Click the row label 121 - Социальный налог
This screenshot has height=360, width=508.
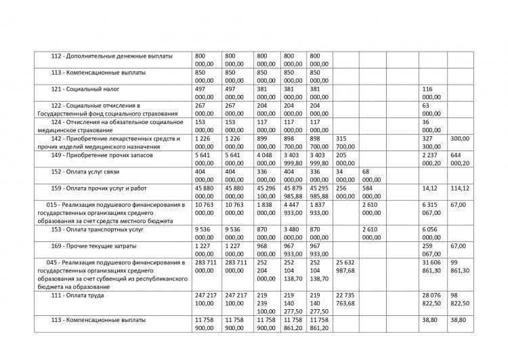tap(90, 89)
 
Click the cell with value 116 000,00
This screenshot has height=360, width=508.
tap(431, 94)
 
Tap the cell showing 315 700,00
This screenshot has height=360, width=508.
tap(345, 143)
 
